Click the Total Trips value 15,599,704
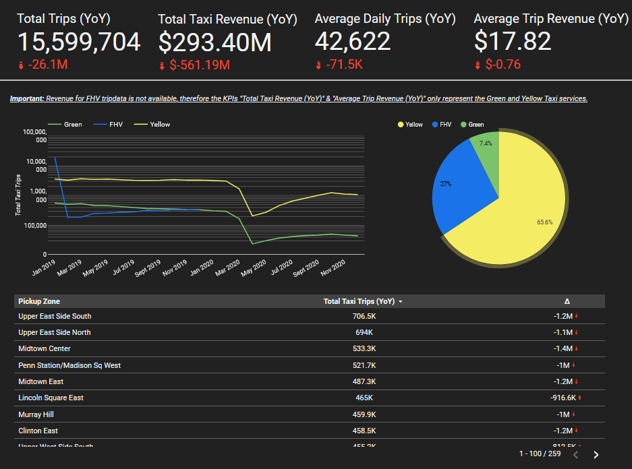[79, 42]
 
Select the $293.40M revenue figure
[214, 42]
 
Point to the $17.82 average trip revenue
[513, 42]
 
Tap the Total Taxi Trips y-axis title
[18, 195]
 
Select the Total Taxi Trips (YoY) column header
[359, 301]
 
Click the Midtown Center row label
[45, 348]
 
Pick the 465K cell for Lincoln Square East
[364, 398]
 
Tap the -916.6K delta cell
[563, 398]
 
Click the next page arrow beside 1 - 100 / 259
[596, 455]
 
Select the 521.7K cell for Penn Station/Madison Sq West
[364, 365]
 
